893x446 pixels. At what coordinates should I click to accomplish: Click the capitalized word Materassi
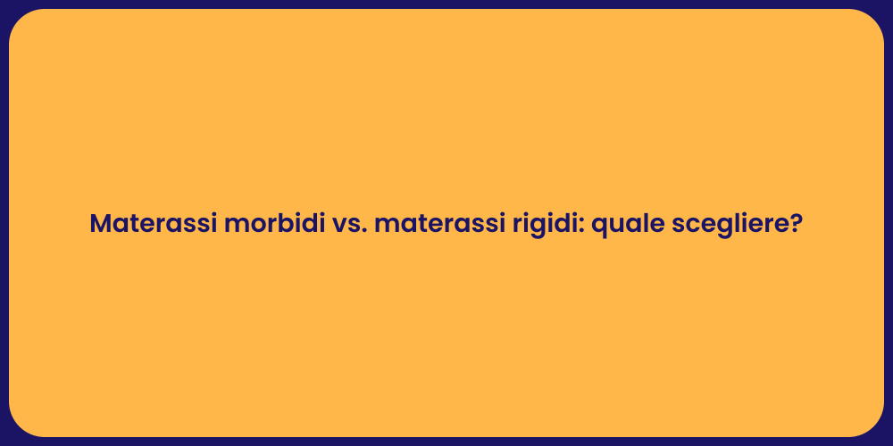click(152, 224)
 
